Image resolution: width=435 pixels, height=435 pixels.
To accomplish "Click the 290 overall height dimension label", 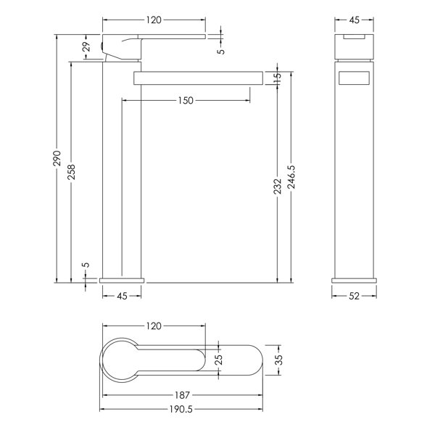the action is tap(57, 158).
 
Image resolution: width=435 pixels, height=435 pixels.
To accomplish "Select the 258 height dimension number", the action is tap(71, 172).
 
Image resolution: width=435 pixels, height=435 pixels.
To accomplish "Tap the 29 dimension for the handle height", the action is tap(87, 46).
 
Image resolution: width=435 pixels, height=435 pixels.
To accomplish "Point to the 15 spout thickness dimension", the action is tap(278, 78).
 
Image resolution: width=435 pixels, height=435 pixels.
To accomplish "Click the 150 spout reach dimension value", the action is tap(186, 101).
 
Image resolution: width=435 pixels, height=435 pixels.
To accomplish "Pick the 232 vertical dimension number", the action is tap(278, 186).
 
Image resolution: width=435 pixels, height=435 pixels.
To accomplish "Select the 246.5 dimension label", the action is tap(291, 178).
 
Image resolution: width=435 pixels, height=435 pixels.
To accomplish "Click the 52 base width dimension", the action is tap(354, 296).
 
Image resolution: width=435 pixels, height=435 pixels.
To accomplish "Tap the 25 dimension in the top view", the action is tap(219, 360).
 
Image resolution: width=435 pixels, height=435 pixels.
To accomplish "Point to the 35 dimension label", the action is tap(279, 360).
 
